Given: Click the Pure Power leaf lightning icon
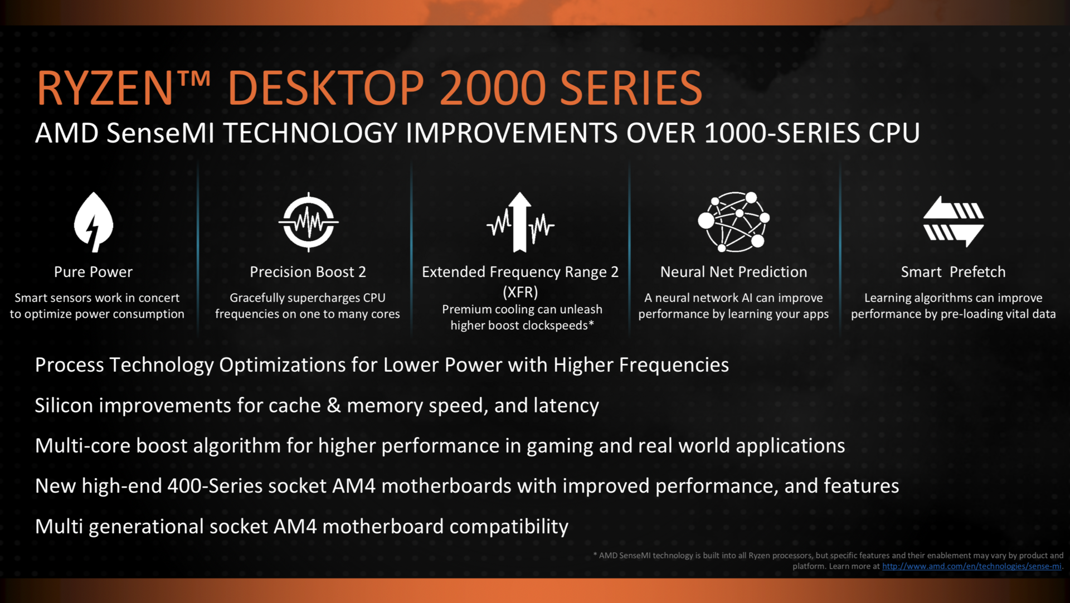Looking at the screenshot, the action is (94, 222).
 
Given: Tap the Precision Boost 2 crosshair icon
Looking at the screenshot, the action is (309, 222).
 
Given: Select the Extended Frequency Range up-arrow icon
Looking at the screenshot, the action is (520, 222).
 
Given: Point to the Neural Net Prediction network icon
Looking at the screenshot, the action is (733, 222).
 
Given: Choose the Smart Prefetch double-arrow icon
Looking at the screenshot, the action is (954, 221).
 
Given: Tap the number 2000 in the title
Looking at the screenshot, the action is (493, 88).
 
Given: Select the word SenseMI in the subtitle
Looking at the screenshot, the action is (160, 133).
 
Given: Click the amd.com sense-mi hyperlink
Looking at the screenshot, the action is (971, 566).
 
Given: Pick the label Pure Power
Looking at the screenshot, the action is (93, 272).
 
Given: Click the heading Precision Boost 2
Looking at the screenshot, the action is (308, 272).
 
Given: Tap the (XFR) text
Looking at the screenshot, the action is (521, 292).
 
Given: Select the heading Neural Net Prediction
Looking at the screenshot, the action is (733, 272).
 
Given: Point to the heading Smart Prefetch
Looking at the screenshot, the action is (954, 272).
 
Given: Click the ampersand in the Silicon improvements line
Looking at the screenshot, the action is (334, 405).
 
